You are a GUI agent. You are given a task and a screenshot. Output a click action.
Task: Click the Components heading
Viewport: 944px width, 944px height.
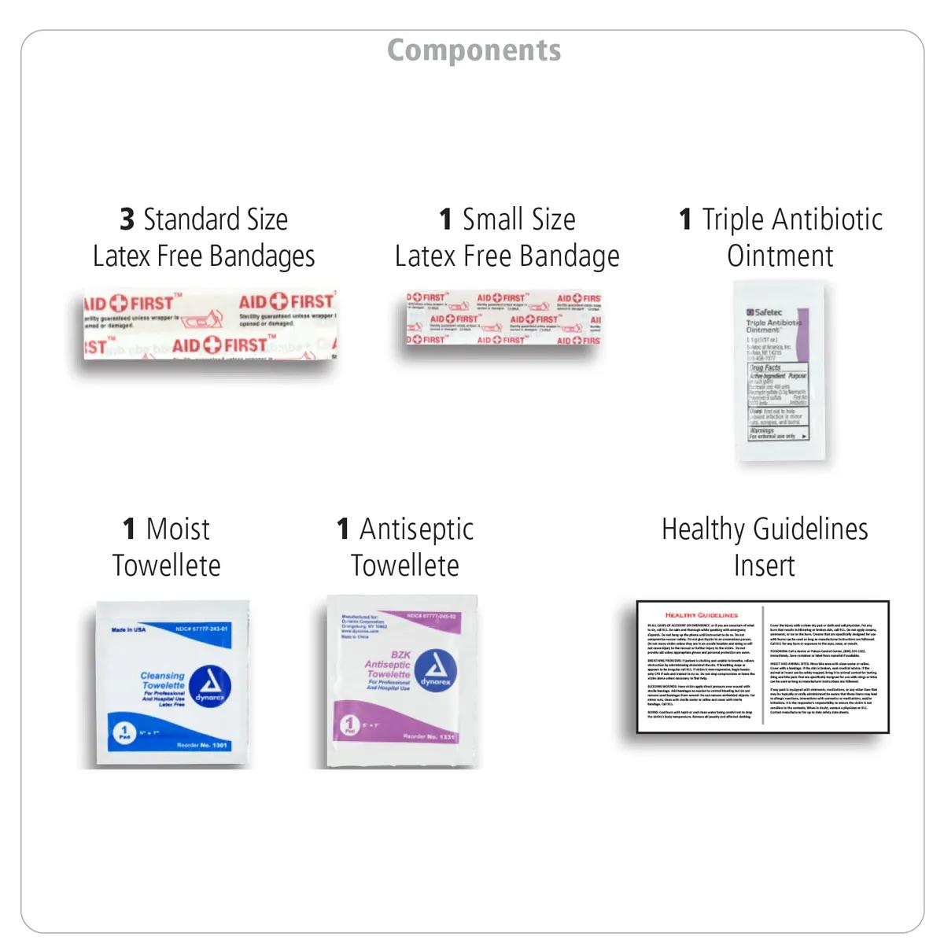click(474, 50)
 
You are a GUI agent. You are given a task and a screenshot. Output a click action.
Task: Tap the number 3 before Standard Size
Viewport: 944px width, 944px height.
click(127, 219)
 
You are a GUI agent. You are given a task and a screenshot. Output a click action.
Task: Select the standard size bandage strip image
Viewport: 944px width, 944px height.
click(210, 325)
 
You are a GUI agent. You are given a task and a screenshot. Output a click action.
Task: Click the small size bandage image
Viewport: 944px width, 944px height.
click(503, 319)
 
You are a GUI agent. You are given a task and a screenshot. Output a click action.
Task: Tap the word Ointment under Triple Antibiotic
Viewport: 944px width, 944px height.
click(780, 256)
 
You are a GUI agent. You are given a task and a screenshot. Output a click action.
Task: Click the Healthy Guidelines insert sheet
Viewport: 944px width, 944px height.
click(762, 667)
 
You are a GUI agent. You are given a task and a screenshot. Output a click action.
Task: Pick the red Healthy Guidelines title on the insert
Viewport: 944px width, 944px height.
click(701, 615)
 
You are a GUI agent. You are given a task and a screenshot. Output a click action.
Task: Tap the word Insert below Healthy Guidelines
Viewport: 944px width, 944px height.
click(764, 566)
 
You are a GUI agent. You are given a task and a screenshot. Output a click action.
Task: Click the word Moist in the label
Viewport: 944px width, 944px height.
click(178, 529)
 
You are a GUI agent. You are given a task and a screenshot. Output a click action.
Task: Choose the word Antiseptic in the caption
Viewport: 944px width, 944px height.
click(416, 529)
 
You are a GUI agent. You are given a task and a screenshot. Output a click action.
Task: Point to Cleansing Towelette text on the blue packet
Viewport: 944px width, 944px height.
click(163, 680)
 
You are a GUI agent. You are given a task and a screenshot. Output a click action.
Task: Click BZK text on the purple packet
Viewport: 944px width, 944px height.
click(400, 655)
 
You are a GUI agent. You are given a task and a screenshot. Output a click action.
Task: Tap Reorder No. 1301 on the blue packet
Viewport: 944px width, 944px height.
click(202, 745)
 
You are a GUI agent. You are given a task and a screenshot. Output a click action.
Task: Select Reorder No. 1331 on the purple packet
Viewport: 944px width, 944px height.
click(429, 736)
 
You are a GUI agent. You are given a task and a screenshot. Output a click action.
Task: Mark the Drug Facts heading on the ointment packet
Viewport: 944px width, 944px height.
click(765, 367)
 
